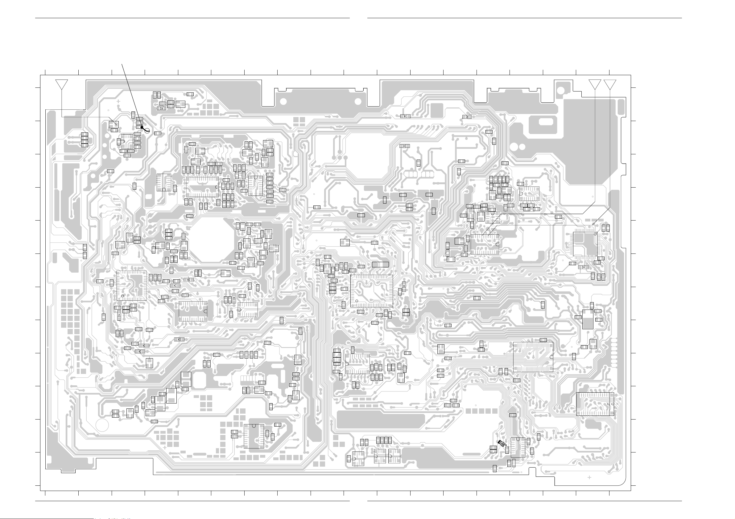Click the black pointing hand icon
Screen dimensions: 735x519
pos(502,443)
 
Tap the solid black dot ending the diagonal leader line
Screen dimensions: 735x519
pos(142,127)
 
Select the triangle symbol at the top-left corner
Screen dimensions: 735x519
pos(61,84)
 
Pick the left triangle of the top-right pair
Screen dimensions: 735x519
pos(595,84)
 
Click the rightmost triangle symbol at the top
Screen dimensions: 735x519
pos(610,84)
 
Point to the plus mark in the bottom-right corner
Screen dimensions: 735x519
pos(589,477)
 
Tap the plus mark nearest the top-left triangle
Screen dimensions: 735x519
pos(118,101)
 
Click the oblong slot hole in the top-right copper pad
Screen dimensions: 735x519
pos(545,122)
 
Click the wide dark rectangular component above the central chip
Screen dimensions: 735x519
pos(380,265)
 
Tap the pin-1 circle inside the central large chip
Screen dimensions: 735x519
pos(357,301)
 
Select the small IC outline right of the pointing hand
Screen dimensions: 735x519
pos(518,447)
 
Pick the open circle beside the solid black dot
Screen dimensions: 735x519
pos(147,130)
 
